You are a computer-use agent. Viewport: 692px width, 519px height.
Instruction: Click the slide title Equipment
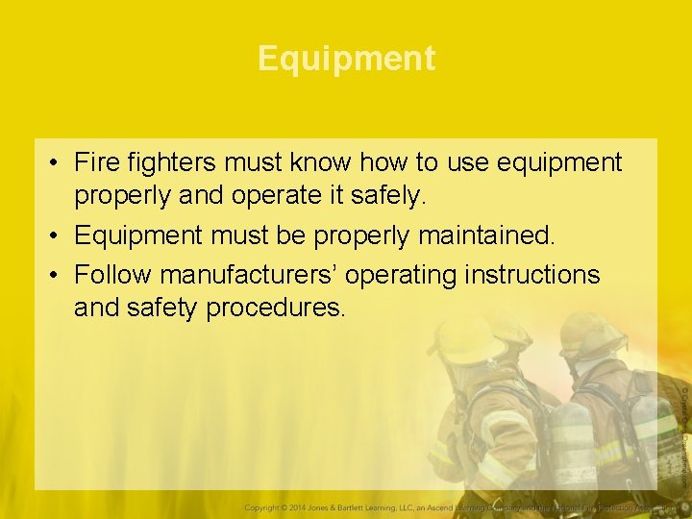click(x=346, y=59)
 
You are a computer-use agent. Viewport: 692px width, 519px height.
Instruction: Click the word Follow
click(x=113, y=275)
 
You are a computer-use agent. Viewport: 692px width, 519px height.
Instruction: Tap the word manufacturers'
click(x=248, y=275)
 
